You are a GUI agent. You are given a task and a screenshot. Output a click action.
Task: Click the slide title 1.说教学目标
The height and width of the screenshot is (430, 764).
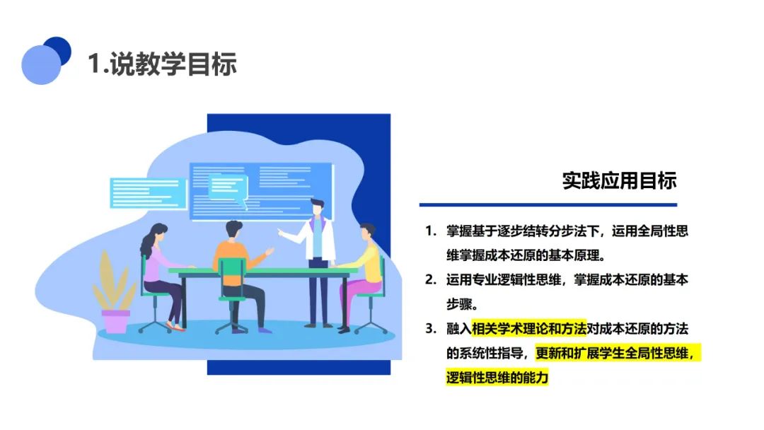[x=162, y=64]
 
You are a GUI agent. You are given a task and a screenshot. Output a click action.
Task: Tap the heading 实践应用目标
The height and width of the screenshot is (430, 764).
[x=619, y=180]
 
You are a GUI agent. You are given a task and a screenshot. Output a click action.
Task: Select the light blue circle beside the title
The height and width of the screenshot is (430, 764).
[x=41, y=65]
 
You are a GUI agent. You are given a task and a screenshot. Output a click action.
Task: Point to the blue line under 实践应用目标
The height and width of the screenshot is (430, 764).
[x=548, y=205]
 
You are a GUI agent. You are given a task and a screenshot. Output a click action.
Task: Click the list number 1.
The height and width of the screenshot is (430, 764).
[x=430, y=231]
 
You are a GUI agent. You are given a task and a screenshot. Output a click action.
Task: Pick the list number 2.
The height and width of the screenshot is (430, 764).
[x=430, y=279]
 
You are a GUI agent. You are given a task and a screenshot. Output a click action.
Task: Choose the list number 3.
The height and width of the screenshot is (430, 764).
[x=430, y=329]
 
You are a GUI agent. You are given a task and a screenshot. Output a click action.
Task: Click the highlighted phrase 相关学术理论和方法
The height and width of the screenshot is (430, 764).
[x=528, y=329]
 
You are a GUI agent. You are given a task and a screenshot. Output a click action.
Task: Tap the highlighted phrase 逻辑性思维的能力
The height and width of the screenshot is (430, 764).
[x=497, y=378]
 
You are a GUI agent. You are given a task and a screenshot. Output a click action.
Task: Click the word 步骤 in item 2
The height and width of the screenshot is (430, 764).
[x=460, y=304]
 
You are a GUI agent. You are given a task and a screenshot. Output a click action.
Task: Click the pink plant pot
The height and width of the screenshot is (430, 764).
[x=115, y=322]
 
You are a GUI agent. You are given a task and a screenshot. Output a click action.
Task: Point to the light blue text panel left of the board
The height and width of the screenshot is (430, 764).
[x=148, y=193]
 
